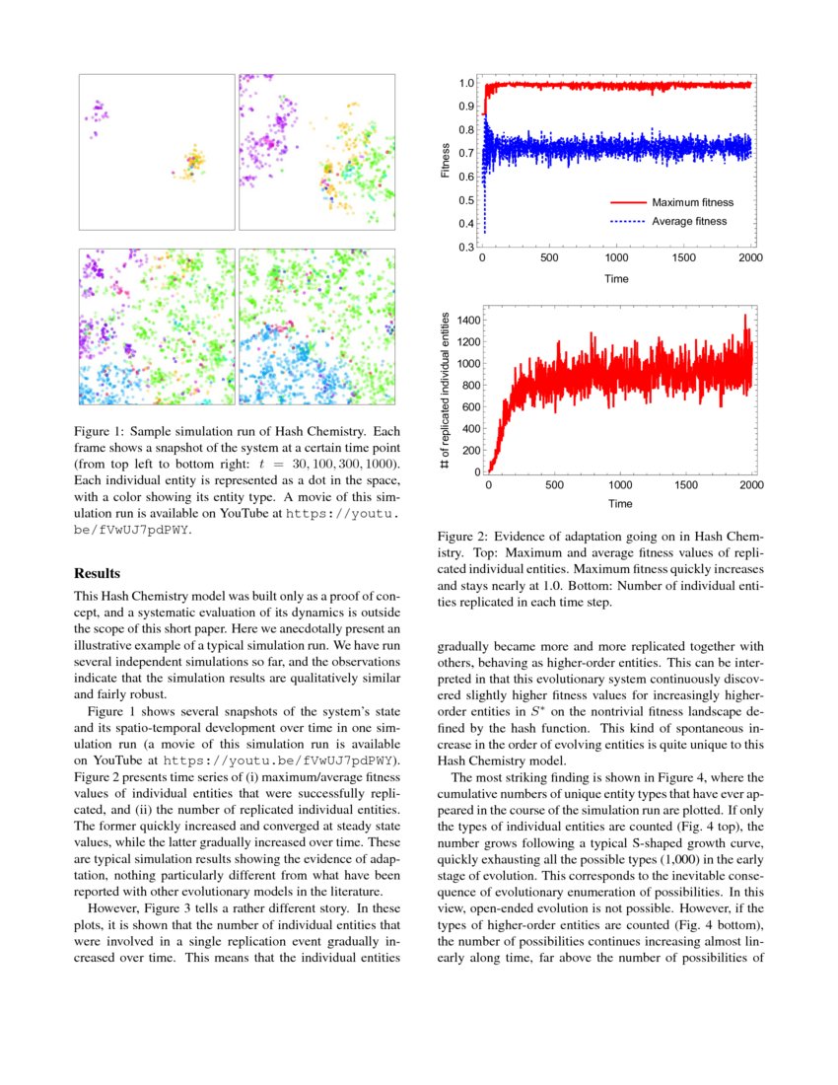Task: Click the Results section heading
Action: pos(98,573)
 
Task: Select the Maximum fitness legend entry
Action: pos(692,202)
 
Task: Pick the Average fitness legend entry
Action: pos(689,221)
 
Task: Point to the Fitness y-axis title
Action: pos(445,161)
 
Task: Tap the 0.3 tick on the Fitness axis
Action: pos(466,247)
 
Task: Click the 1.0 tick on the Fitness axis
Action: pos(466,84)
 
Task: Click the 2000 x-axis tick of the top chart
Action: pos(750,258)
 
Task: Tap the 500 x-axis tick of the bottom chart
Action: pos(554,484)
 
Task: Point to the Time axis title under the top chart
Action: pos(616,278)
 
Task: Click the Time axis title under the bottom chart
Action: pos(620,503)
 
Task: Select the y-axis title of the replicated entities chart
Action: pos(445,392)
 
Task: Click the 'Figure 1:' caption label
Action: pos(101,432)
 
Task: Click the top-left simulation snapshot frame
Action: pos(157,152)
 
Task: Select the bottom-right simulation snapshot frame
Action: pos(316,326)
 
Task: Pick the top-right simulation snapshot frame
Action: pos(316,152)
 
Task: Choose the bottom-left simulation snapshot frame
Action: pos(157,326)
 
